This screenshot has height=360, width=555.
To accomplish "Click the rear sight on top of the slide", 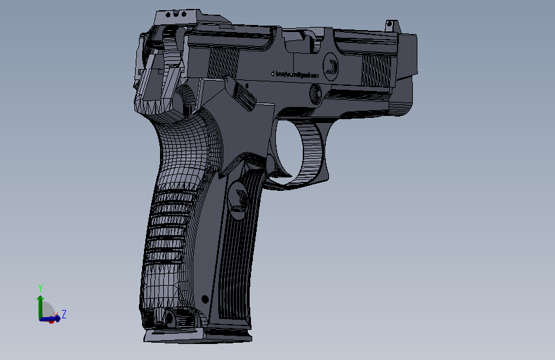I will pos(172,13).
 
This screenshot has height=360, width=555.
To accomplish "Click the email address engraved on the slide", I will pos(295,74).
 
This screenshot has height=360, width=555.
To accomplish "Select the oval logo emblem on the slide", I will pos(331,65).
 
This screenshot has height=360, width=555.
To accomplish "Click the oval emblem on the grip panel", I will pos(239,197).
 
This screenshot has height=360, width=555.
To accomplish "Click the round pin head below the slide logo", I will pos(315,94).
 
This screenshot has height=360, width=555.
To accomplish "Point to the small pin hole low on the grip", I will pos(205,299).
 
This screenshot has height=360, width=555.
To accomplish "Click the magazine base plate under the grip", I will pos(198,335).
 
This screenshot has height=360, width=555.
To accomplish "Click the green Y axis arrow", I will pos(40,304).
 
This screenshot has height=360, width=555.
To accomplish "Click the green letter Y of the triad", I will pos(40,288).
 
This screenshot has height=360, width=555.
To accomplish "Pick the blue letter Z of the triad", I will pos(64,315).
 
